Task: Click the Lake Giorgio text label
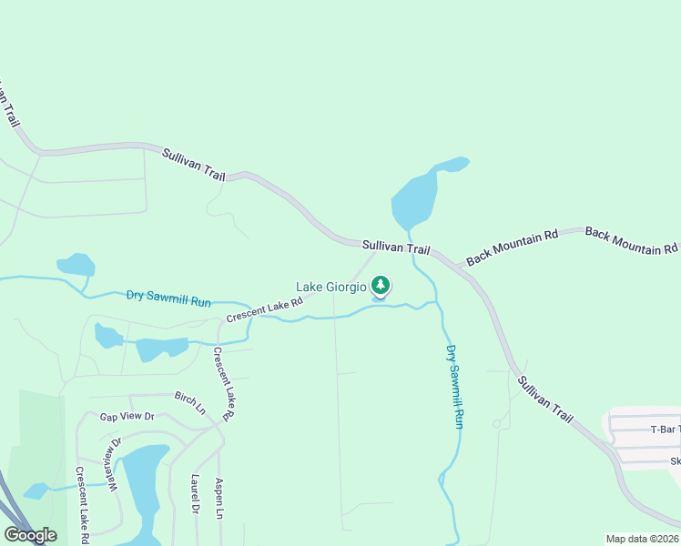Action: coord(331,287)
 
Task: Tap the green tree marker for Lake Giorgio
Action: coord(381,286)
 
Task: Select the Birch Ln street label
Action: coord(190,403)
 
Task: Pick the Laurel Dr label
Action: coord(195,493)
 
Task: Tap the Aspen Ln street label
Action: coord(219,498)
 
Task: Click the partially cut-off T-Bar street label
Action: coord(666,430)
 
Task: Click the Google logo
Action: coord(30,535)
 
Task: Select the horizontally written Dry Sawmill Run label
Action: coord(168,298)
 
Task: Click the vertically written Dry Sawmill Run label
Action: coord(454,386)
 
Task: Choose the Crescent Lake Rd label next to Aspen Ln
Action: coord(223,384)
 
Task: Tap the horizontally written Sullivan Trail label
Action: coord(395,247)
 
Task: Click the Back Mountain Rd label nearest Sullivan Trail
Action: coord(512,248)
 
